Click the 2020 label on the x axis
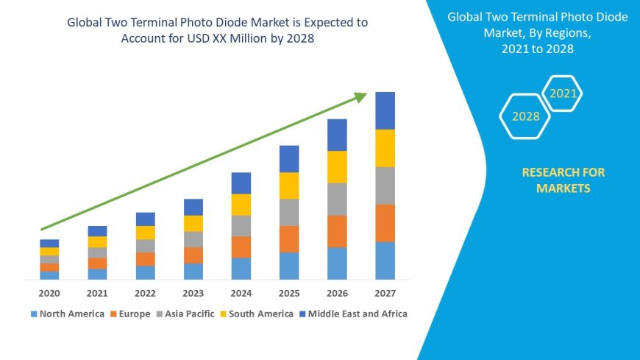pyautogui.click(x=49, y=293)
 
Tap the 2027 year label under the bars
pyautogui.click(x=385, y=293)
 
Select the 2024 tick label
pyautogui.click(x=241, y=293)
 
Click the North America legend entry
pyautogui.click(x=67, y=314)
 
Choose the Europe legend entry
pyautogui.click(x=131, y=314)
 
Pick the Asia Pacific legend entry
pyautogui.click(x=185, y=314)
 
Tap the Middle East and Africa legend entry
pyautogui.click(x=352, y=314)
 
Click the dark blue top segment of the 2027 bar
pyautogui.click(x=385, y=110)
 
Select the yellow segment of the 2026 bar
pyautogui.click(x=337, y=166)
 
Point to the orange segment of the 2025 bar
pyautogui.click(x=289, y=239)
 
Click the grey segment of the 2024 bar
pyautogui.click(x=241, y=225)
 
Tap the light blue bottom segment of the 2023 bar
pyautogui.click(x=193, y=271)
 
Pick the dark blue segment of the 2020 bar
pyautogui.click(x=49, y=243)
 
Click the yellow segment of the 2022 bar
pyautogui.click(x=146, y=233)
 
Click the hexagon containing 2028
pyautogui.click(x=525, y=116)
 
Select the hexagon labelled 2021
pyautogui.click(x=563, y=93)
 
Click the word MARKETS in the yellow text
pyautogui.click(x=563, y=188)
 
